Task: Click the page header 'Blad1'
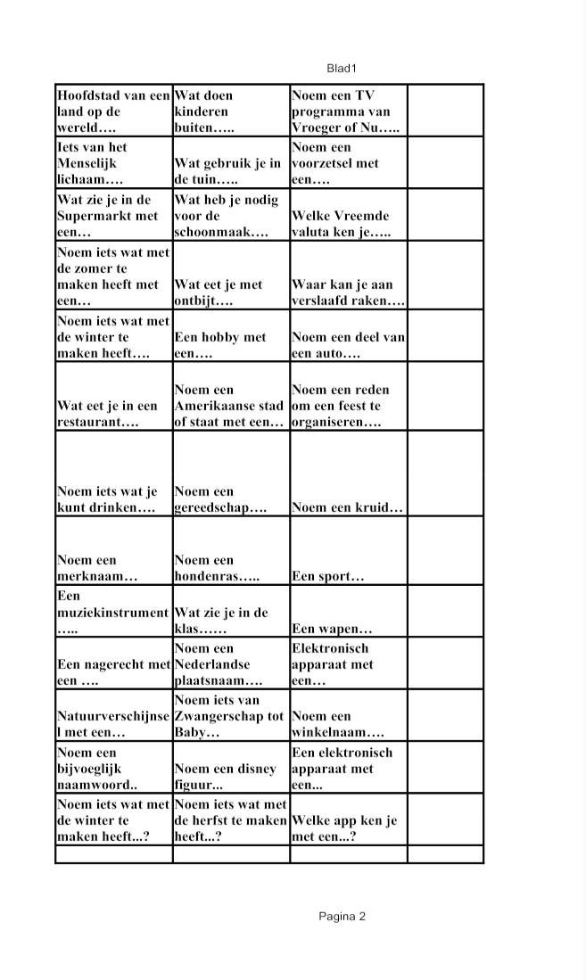pos(342,69)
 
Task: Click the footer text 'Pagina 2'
pos(342,917)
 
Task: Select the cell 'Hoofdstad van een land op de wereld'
pos(113,111)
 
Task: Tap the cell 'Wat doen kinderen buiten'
pos(231,111)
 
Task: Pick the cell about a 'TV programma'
pos(348,111)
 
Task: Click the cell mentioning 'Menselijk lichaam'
pos(113,163)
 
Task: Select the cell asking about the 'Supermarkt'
pos(113,216)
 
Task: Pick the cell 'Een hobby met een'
pos(231,345)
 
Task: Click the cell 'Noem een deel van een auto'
pos(348,345)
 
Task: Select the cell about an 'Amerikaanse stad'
pos(231,406)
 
